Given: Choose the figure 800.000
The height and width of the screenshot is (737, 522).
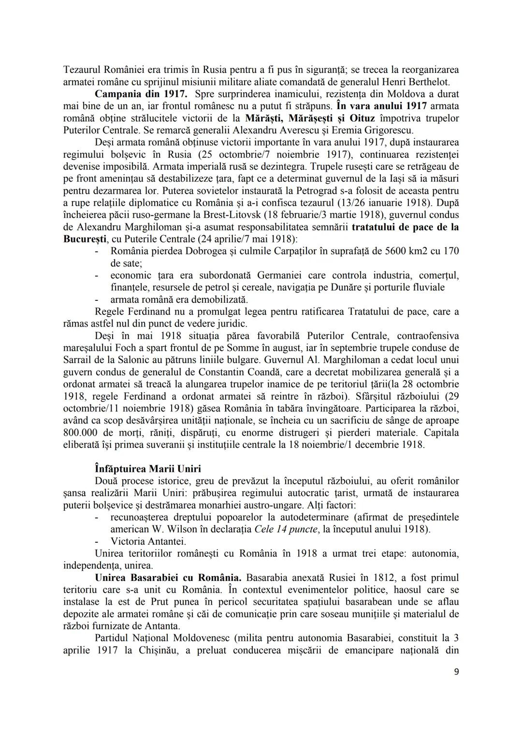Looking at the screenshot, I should point(80,432).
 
